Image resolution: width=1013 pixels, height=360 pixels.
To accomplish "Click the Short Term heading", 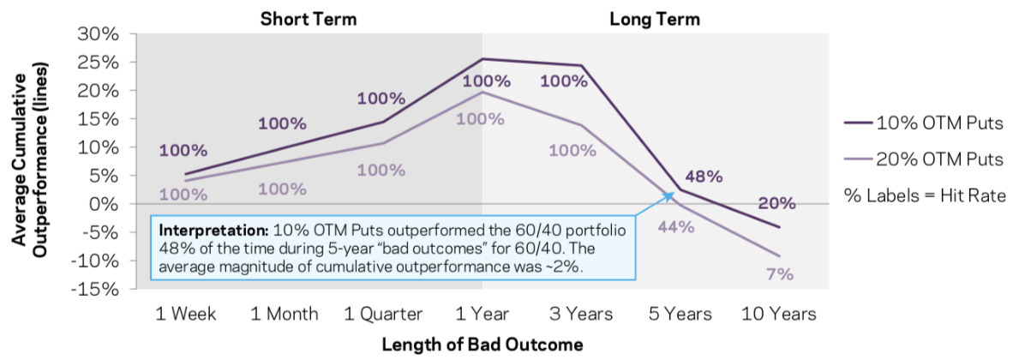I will (309, 18).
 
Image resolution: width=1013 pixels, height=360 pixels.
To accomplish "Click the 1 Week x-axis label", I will (184, 314).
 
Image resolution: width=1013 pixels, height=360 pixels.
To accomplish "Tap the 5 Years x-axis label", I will (681, 314).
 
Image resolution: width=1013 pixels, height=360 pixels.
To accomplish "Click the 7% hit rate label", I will (780, 275).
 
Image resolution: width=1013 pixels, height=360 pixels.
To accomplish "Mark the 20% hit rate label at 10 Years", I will (776, 203).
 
